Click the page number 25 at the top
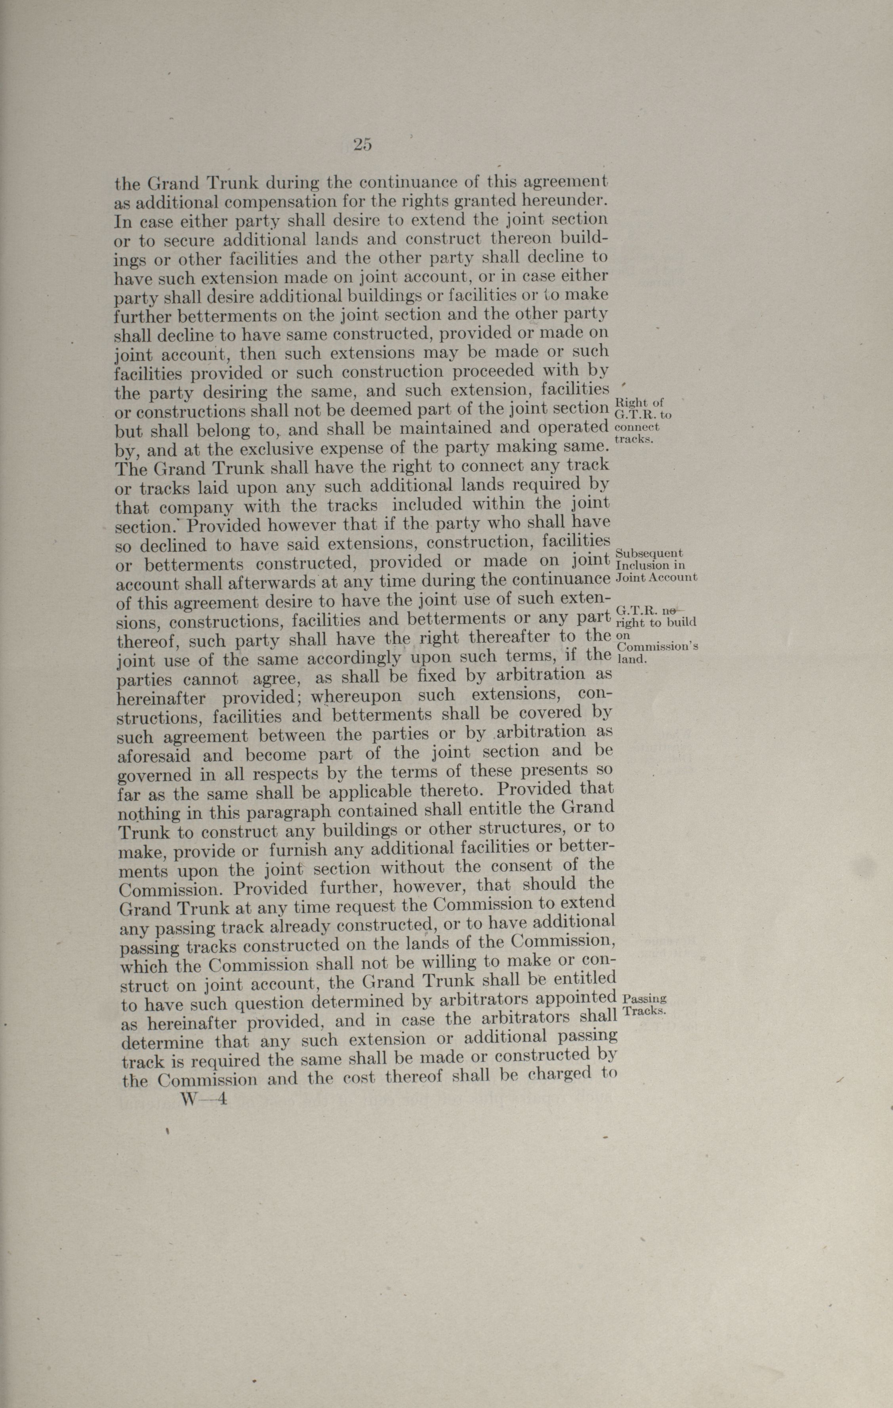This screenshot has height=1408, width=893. click(363, 144)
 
